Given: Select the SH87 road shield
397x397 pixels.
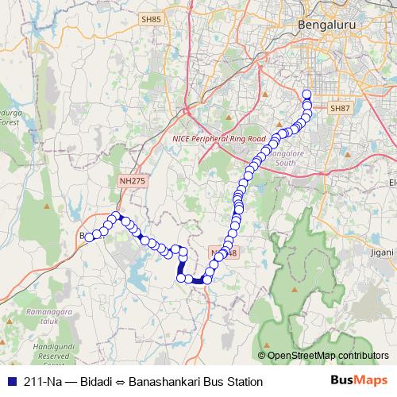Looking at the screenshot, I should pos(339,108).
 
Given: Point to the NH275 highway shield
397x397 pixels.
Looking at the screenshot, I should pos(133,181).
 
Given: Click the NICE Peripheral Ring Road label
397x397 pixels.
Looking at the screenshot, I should pos(218,138).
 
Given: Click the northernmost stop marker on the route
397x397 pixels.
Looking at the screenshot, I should pos(306,94).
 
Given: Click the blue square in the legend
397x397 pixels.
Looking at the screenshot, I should pos(10,382).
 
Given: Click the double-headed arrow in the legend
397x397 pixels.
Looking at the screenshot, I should pos(122,382).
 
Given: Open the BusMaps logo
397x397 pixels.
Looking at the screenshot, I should pos(359,381).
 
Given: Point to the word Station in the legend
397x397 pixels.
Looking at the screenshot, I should pos(244,382).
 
